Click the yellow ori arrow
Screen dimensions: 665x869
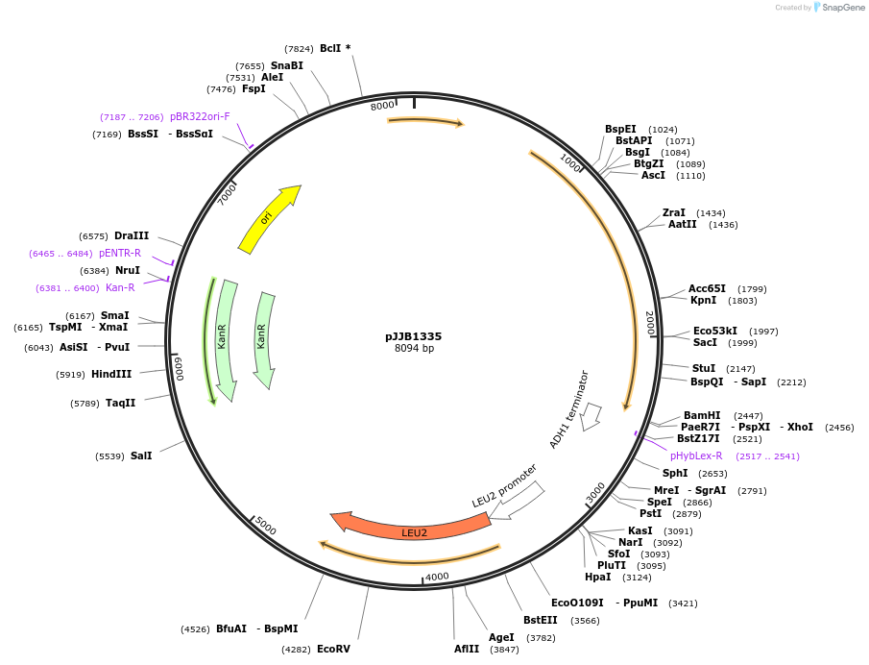click(269, 219)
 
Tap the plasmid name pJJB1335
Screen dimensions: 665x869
click(414, 336)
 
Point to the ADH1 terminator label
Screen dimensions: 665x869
click(569, 409)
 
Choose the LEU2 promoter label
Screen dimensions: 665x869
click(504, 486)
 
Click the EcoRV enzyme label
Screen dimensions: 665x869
click(334, 650)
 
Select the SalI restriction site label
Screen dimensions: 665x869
click(141, 456)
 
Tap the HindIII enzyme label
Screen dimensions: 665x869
click(111, 374)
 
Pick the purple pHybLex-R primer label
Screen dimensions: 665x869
click(696, 456)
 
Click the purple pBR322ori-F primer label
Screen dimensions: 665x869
click(200, 116)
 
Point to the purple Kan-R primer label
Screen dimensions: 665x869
click(120, 287)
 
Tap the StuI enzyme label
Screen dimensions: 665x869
click(704, 368)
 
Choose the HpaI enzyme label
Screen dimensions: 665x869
click(598, 577)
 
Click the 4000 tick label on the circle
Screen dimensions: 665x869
click(437, 577)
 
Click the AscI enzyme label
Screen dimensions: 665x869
click(653, 175)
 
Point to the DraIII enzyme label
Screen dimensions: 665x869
click(132, 235)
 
